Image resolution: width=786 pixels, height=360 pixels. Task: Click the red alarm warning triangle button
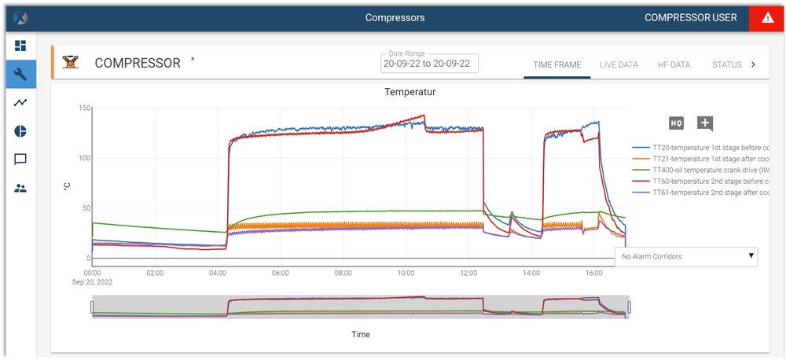[767, 18]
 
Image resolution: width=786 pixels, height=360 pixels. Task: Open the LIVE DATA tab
[619, 64]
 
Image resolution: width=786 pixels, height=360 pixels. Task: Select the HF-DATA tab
[674, 64]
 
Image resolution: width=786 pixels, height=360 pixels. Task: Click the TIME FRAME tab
[556, 64]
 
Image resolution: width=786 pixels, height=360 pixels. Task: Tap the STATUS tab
[726, 64]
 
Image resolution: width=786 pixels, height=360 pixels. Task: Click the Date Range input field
[429, 64]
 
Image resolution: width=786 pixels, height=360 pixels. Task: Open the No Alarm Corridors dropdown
[686, 256]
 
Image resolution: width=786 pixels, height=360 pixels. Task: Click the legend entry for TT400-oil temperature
[700, 169]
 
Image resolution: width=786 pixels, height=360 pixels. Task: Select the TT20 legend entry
[700, 147]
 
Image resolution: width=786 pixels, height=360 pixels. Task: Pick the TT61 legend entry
[700, 192]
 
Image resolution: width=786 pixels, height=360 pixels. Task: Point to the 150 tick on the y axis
[86, 108]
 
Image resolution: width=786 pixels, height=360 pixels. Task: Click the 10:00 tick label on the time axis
[406, 273]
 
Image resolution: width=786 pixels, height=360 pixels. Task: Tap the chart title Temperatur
[410, 92]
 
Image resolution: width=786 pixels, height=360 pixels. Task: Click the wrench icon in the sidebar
[20, 74]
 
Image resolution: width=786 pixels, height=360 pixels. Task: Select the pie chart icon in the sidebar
[20, 131]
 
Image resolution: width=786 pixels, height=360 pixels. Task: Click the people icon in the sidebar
[20, 188]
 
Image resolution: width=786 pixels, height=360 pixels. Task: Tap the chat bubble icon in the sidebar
[20, 160]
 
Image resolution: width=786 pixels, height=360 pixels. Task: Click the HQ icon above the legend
[676, 123]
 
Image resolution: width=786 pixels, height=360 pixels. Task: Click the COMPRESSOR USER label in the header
[691, 18]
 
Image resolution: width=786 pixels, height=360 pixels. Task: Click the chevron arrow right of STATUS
[753, 64]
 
